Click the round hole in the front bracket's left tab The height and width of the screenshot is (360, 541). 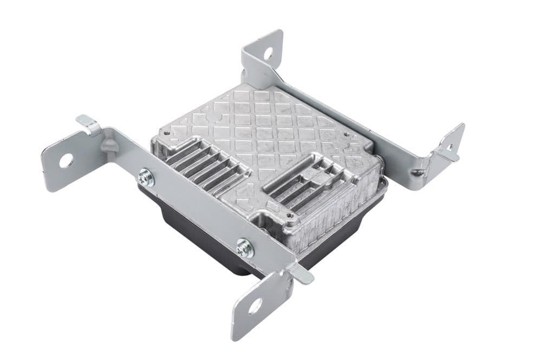point(66,160)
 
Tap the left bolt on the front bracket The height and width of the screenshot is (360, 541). point(145,177)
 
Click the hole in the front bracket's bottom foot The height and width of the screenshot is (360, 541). point(255,306)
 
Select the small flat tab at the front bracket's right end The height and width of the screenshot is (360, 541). point(301,273)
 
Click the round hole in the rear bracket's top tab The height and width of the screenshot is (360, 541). point(268,54)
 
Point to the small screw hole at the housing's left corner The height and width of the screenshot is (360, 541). point(166,132)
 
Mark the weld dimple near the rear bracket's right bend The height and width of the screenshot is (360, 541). point(416,173)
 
